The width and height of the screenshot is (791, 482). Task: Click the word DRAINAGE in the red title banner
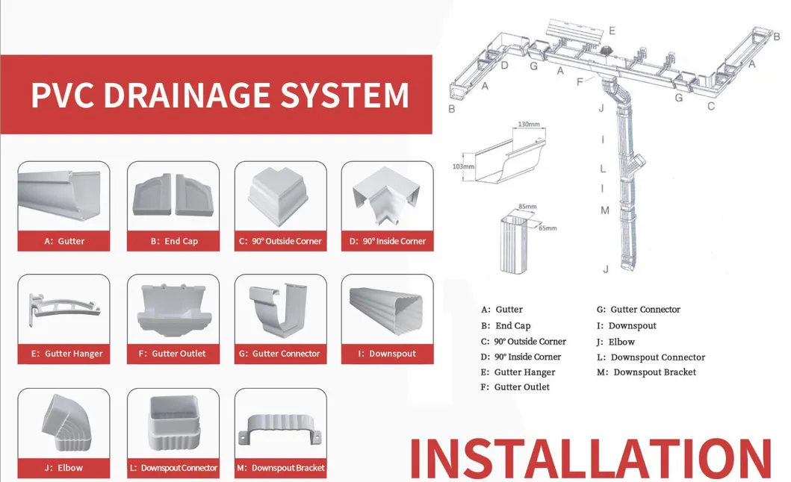tap(190, 95)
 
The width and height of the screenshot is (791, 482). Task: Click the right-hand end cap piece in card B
tap(195, 195)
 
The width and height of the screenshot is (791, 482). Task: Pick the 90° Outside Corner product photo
tap(280, 195)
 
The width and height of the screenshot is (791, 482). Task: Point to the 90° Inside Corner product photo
tap(387, 195)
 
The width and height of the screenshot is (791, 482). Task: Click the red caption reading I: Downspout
tap(387, 354)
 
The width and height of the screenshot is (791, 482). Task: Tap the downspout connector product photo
tap(173, 422)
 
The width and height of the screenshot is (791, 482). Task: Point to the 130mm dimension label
tap(528, 124)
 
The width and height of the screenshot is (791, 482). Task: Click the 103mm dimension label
tap(463, 166)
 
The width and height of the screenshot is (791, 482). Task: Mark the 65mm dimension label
tap(548, 228)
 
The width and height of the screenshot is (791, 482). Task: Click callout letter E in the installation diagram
tap(612, 31)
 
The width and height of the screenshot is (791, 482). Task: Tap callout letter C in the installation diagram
tap(711, 106)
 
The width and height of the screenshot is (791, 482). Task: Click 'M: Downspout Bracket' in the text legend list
tap(646, 372)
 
